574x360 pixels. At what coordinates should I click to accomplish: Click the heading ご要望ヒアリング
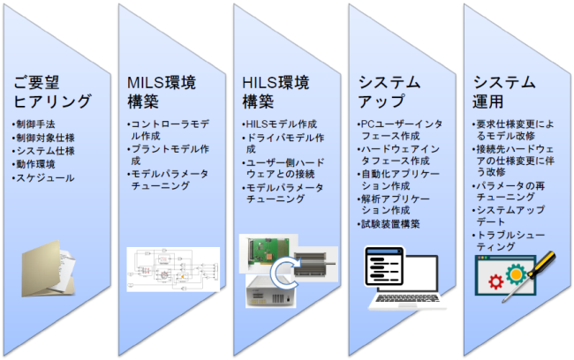[x=52, y=92]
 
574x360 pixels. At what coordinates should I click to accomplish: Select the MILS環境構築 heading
[x=162, y=92]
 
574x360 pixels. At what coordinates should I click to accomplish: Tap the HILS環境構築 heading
[x=276, y=92]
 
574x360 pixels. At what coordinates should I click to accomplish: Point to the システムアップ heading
[x=389, y=92]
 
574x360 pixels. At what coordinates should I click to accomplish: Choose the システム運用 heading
[x=504, y=92]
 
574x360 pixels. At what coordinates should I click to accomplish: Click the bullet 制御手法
[x=34, y=124]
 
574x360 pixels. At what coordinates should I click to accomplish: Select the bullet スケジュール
[x=43, y=178]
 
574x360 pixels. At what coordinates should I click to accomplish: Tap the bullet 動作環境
[x=34, y=164]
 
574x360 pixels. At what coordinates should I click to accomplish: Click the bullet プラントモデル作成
[x=169, y=154]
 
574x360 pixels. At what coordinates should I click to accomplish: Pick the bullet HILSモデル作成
[x=280, y=124]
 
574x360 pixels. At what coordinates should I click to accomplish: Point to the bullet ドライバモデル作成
[x=283, y=143]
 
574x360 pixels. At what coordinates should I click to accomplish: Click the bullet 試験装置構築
[x=389, y=224]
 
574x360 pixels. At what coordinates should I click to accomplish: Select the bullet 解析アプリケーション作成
[x=394, y=205]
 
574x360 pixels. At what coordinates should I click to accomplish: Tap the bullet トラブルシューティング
[x=509, y=241]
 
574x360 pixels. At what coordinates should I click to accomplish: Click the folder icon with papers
[x=49, y=268]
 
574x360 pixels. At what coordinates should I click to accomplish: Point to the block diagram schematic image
[x=173, y=269]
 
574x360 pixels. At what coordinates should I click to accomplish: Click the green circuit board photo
[x=268, y=253]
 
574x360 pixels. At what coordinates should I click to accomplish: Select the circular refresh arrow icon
[x=285, y=272]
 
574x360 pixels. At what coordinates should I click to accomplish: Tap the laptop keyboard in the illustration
[x=408, y=298]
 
